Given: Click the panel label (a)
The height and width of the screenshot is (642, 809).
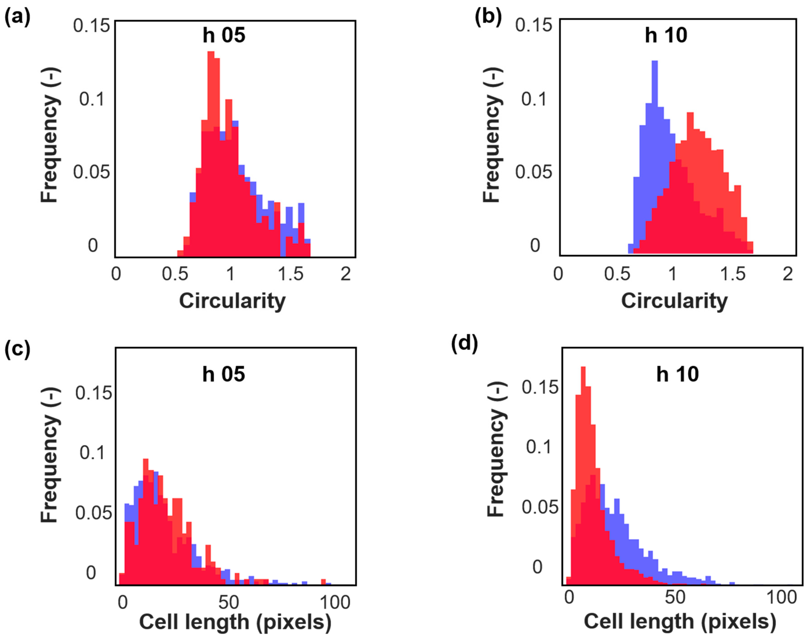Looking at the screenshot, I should (17, 17).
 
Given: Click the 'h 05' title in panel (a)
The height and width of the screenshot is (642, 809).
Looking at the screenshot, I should (224, 35).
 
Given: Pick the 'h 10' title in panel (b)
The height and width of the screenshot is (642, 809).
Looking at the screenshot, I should (666, 35).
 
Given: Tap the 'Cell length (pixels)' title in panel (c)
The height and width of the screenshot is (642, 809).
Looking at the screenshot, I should (235, 622).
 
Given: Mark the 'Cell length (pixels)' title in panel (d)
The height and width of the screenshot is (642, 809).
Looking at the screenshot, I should (680, 622).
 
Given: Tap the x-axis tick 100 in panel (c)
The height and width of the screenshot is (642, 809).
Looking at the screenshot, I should (335, 603).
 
